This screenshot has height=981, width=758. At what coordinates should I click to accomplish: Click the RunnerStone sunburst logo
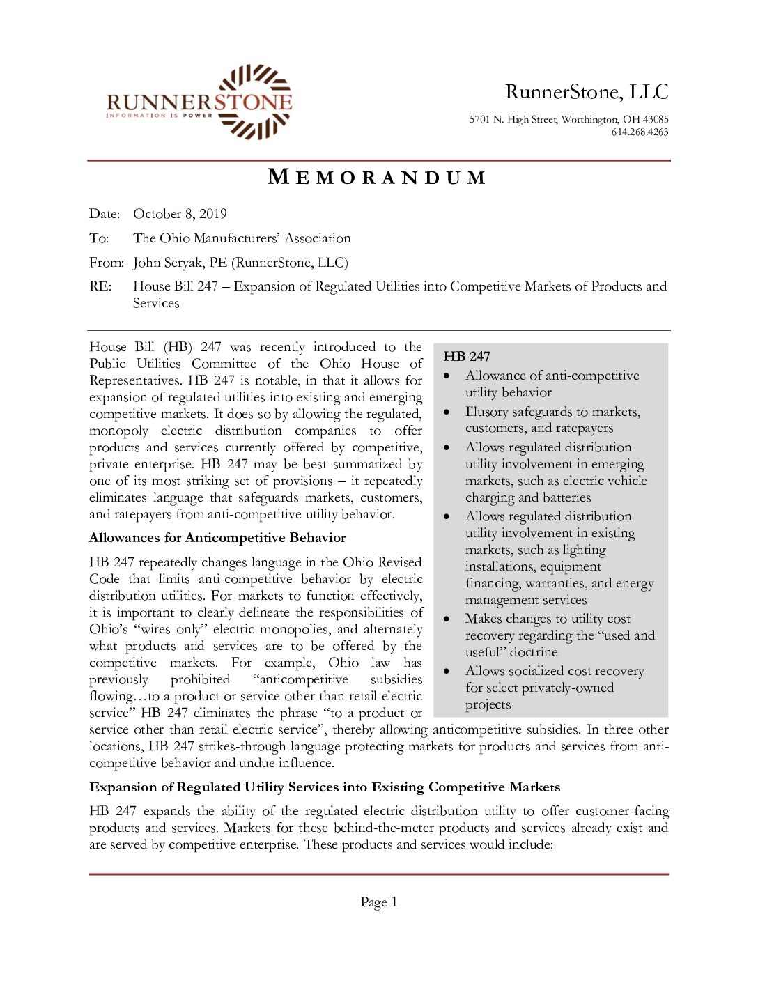(x=255, y=102)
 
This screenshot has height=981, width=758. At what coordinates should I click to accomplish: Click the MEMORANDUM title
(x=376, y=178)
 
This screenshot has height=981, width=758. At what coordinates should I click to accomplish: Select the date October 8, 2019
(x=180, y=214)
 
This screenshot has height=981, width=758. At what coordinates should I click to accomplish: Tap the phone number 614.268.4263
(x=640, y=132)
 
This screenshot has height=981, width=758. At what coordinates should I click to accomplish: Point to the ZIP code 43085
(x=656, y=120)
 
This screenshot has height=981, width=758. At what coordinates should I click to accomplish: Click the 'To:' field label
(x=99, y=238)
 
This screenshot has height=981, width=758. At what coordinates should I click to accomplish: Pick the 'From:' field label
(x=106, y=263)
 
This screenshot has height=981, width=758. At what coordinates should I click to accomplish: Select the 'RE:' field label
(x=100, y=286)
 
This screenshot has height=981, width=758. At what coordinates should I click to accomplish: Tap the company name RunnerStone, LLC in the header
(x=587, y=92)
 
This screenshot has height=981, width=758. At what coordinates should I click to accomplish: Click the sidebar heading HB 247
(x=467, y=357)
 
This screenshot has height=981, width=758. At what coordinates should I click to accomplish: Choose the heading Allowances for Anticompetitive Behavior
(x=217, y=538)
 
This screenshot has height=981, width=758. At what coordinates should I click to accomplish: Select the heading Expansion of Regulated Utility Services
(x=325, y=787)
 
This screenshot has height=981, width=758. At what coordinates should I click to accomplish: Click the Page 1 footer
(x=378, y=902)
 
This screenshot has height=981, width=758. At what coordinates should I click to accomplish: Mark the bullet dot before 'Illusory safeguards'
(x=447, y=412)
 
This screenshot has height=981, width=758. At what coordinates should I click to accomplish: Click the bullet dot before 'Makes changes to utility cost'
(x=447, y=619)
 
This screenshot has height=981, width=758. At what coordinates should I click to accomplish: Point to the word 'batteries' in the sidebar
(x=564, y=497)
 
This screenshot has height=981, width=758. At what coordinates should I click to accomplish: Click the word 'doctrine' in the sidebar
(x=534, y=652)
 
